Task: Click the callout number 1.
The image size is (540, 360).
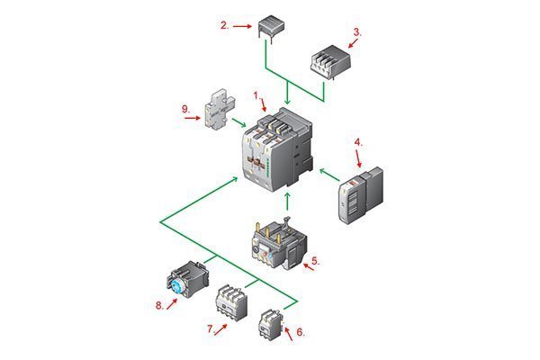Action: coord(256,94)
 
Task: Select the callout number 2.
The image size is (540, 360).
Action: coord(224,25)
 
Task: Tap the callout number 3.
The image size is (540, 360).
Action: coord(357,32)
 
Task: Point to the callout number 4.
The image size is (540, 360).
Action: coord(358,141)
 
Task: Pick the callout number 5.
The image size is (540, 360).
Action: coord(315,261)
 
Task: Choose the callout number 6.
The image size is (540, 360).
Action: coord(301,332)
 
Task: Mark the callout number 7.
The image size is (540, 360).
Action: coord(211,329)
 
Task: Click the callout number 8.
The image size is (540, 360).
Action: coord(158,305)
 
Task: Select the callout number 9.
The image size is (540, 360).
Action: coord(185,110)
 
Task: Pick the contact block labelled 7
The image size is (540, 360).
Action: coord(234,305)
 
